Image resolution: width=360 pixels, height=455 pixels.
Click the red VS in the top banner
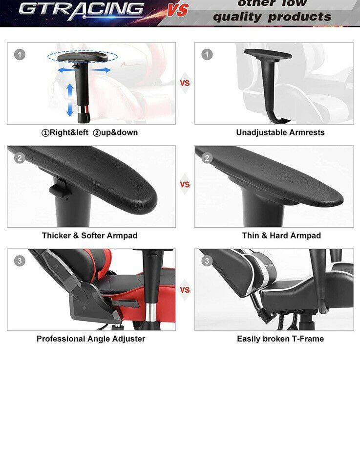point(177,10)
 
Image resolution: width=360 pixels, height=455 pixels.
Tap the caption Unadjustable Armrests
point(280,132)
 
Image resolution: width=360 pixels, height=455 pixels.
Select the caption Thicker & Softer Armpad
point(90,236)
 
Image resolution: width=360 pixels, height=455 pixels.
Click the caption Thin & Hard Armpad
point(281,236)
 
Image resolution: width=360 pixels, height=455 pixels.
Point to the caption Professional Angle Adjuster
point(91,339)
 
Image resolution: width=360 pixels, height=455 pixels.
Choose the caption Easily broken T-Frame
point(280,339)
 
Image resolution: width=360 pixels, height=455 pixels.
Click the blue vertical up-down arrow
point(70,100)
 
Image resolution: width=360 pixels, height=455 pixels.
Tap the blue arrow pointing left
point(66,70)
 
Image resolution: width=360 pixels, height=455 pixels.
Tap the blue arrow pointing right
point(100,70)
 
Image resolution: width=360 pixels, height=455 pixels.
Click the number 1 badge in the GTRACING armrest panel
point(20,55)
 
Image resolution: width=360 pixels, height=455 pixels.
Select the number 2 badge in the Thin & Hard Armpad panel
point(207,158)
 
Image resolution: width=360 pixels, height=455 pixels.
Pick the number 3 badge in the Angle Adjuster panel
point(20,260)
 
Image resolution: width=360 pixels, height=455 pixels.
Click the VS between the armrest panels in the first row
point(185,83)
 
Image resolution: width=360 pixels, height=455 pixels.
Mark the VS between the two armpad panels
point(185,184)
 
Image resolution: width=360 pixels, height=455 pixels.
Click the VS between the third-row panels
point(185,290)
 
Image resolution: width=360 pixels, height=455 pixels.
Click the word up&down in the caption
point(115,132)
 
